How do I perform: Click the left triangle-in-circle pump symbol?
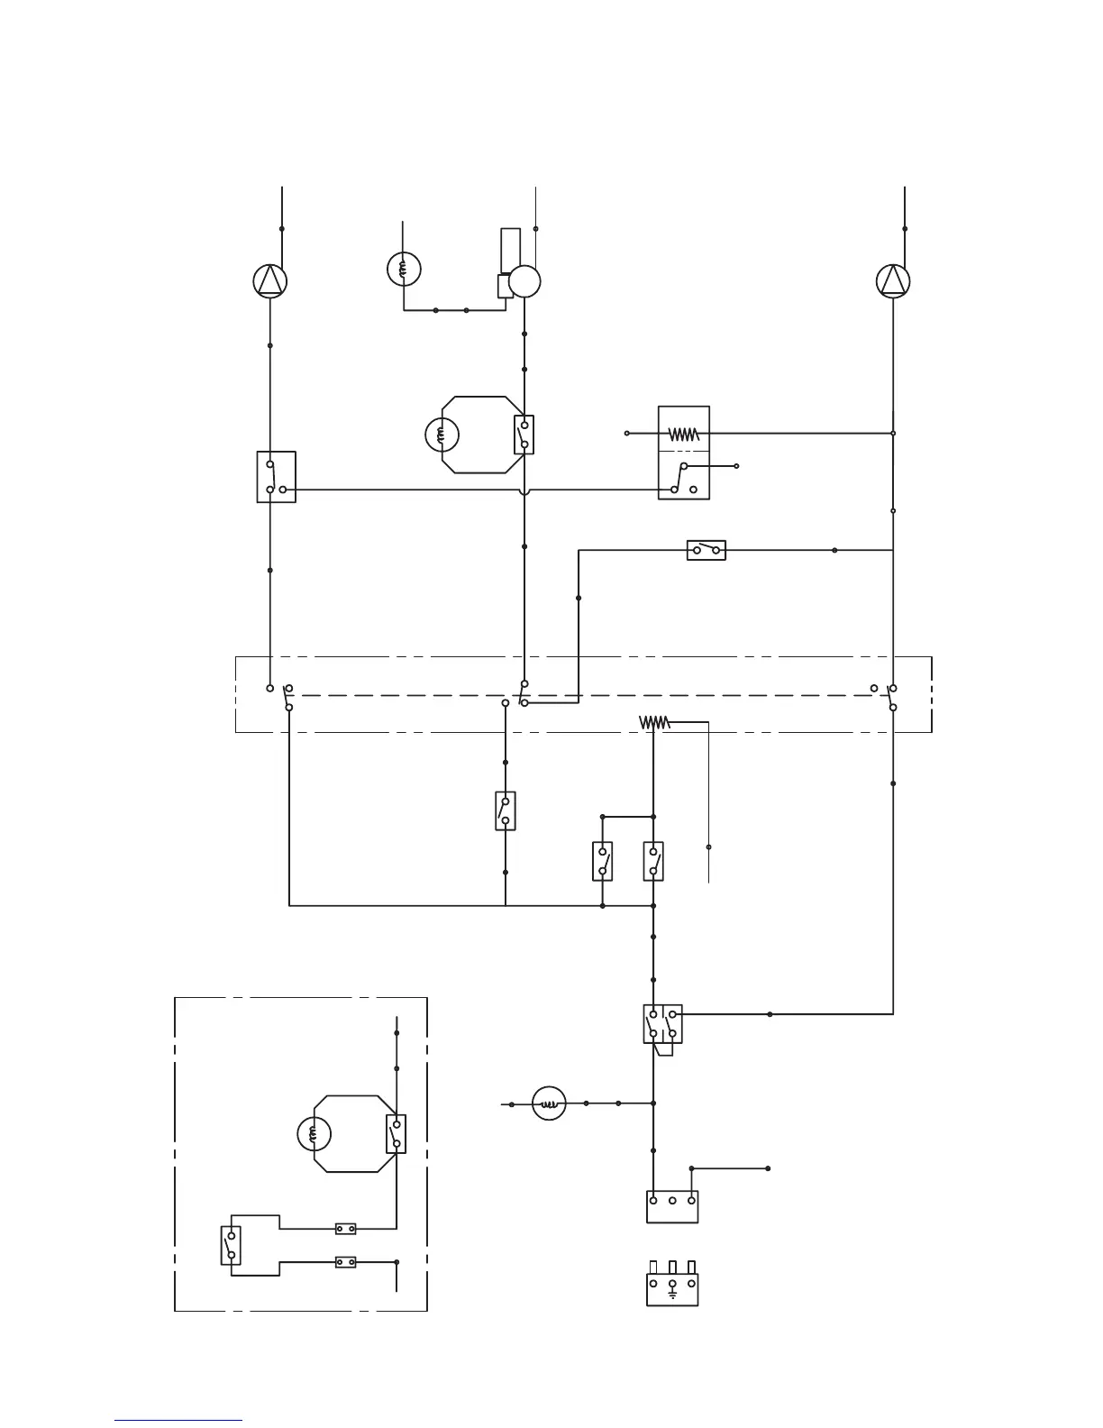click(269, 281)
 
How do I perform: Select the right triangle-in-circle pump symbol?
click(893, 281)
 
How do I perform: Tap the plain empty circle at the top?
click(524, 282)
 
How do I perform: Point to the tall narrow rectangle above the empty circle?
click(510, 250)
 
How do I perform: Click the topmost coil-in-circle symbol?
click(404, 268)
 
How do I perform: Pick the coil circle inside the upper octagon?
click(442, 435)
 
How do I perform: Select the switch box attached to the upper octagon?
click(524, 435)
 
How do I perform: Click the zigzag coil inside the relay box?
click(684, 434)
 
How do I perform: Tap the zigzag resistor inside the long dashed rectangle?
click(654, 722)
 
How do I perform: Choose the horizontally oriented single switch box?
click(706, 549)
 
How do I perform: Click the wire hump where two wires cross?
click(524, 490)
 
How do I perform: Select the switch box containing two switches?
click(662, 1023)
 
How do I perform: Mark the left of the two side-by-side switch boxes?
click(603, 861)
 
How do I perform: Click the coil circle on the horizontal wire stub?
click(549, 1103)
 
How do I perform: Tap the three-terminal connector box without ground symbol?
click(672, 1207)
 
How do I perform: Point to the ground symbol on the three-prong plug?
click(672, 1295)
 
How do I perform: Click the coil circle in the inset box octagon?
click(314, 1134)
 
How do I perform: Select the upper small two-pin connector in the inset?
click(345, 1228)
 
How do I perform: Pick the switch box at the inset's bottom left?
click(232, 1245)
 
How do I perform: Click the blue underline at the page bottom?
click(178, 1421)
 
